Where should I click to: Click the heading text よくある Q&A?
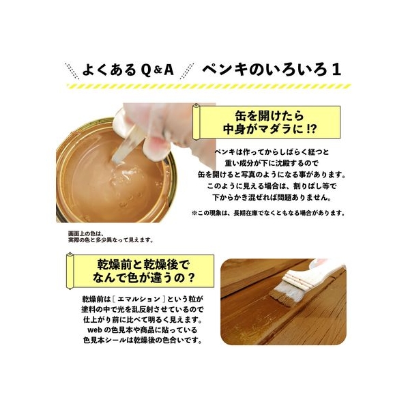click(x=128, y=70)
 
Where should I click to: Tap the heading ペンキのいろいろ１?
click(x=272, y=70)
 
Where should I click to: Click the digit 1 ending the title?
click(x=336, y=70)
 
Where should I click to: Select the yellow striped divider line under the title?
click(x=209, y=86)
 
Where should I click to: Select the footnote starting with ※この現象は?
click(x=269, y=213)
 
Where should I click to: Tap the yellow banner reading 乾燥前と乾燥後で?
click(x=141, y=271)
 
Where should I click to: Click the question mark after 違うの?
click(x=190, y=278)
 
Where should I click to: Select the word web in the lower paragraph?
click(x=95, y=330)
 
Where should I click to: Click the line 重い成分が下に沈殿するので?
click(x=272, y=163)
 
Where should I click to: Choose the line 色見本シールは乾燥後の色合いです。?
click(x=143, y=340)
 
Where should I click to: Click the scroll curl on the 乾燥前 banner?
click(x=70, y=271)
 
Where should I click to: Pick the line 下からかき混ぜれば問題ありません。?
click(x=272, y=197)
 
